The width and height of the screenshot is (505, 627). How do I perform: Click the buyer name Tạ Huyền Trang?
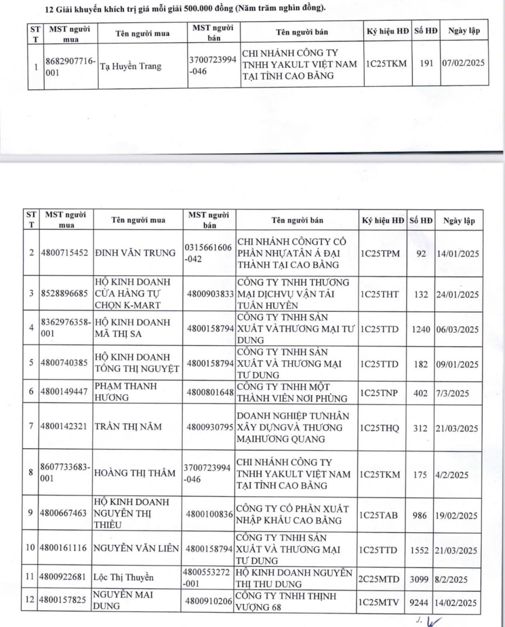click(x=131, y=66)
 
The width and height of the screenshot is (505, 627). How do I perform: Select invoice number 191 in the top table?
click(x=426, y=63)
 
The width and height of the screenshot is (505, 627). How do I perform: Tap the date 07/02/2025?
click(x=463, y=63)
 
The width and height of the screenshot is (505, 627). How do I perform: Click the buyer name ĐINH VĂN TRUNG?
click(x=135, y=253)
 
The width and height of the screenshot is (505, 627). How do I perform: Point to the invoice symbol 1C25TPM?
click(x=380, y=253)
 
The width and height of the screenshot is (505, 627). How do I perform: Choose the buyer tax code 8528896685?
click(x=64, y=293)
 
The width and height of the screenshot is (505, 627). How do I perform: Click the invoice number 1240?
click(x=421, y=329)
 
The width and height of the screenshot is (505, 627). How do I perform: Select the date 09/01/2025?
click(x=457, y=364)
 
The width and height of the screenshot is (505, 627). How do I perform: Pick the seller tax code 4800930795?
click(x=210, y=427)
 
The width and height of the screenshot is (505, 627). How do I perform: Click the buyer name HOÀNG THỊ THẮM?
click(x=135, y=473)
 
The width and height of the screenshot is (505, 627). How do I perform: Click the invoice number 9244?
click(x=420, y=602)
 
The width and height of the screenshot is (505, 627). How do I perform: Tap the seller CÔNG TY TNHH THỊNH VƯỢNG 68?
click(x=285, y=601)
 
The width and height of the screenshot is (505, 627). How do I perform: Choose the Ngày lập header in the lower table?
click(x=459, y=220)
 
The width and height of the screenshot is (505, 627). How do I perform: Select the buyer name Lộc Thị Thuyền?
click(x=123, y=577)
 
